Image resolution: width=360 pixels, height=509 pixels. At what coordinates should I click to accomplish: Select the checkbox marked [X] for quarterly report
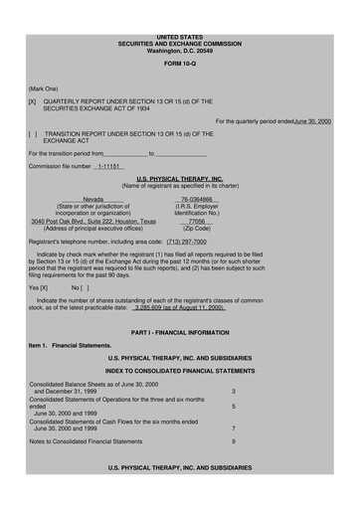33,101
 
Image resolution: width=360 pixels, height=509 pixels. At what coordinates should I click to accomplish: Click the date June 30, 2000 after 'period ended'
312,120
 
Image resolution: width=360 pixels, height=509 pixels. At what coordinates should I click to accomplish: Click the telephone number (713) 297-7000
186,241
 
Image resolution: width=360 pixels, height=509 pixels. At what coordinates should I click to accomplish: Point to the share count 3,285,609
150,308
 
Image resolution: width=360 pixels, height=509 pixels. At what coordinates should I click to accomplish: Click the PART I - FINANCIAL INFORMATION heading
179,330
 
